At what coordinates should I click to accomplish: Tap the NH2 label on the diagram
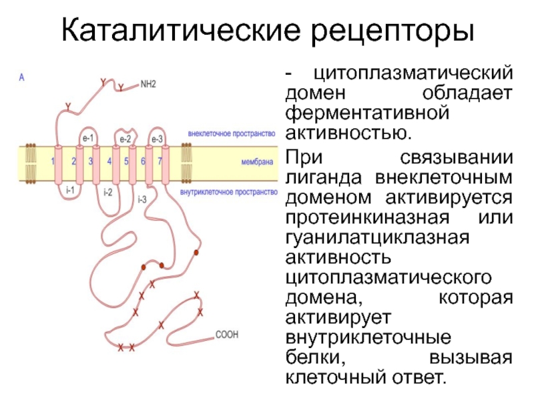coord(148,85)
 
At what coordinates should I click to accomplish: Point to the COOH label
coord(226,335)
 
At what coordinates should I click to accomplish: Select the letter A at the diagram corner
coord(22,77)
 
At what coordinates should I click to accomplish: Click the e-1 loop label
coord(87,138)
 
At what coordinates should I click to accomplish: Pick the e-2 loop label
coord(125,138)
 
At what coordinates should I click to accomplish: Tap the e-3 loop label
coord(157,138)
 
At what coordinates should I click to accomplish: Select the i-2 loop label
coord(107,193)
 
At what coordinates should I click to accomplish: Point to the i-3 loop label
coord(142,199)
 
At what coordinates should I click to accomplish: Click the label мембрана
coord(258,161)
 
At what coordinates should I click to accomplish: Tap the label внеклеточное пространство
coord(232,133)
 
